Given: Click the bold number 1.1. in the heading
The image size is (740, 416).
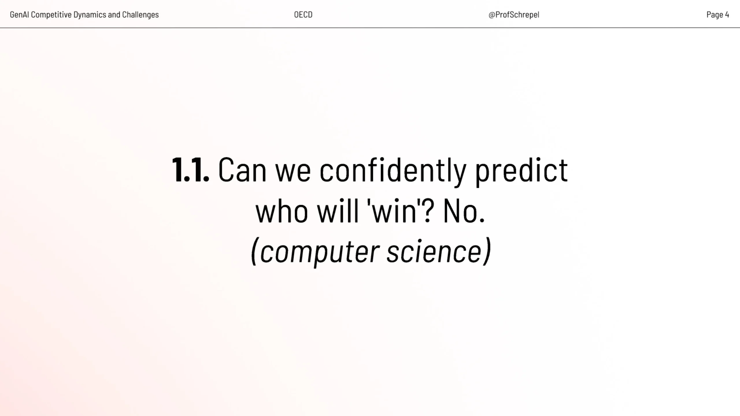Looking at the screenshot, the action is coord(190,170).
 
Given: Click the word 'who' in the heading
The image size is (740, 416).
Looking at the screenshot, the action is coord(282,211).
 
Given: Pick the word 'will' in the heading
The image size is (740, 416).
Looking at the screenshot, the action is coord(338,211).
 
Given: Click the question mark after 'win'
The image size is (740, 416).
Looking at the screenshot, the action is coord(428,211).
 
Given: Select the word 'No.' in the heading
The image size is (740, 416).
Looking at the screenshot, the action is coord(464,211).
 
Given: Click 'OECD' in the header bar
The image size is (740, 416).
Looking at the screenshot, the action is coord(303,14).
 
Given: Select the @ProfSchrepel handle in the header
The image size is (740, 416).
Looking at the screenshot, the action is coord(514,14).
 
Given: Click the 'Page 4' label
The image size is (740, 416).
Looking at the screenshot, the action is coord(718,14).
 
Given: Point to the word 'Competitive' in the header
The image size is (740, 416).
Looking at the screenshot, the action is coord(51,15).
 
